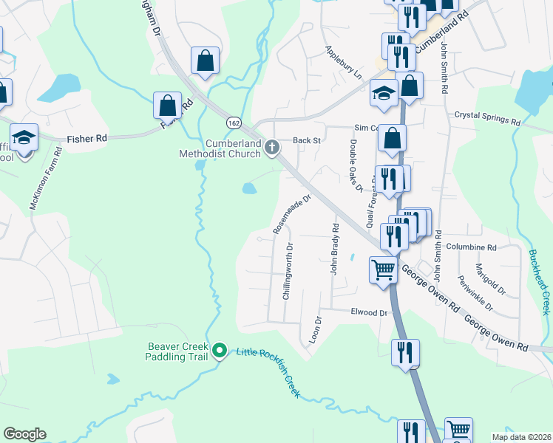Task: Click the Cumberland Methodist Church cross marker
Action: pos(272,148)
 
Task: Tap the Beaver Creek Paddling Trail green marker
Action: pos(219,349)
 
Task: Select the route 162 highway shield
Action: pos(233,121)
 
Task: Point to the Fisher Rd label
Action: pos(87,137)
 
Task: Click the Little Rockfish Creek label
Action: pos(268,371)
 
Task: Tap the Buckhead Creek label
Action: pos(540,281)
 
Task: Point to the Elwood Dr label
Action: pos(370,313)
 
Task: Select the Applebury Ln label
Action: pos(344,63)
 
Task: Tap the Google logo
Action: pos(24,433)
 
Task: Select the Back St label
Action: pos(306,140)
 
